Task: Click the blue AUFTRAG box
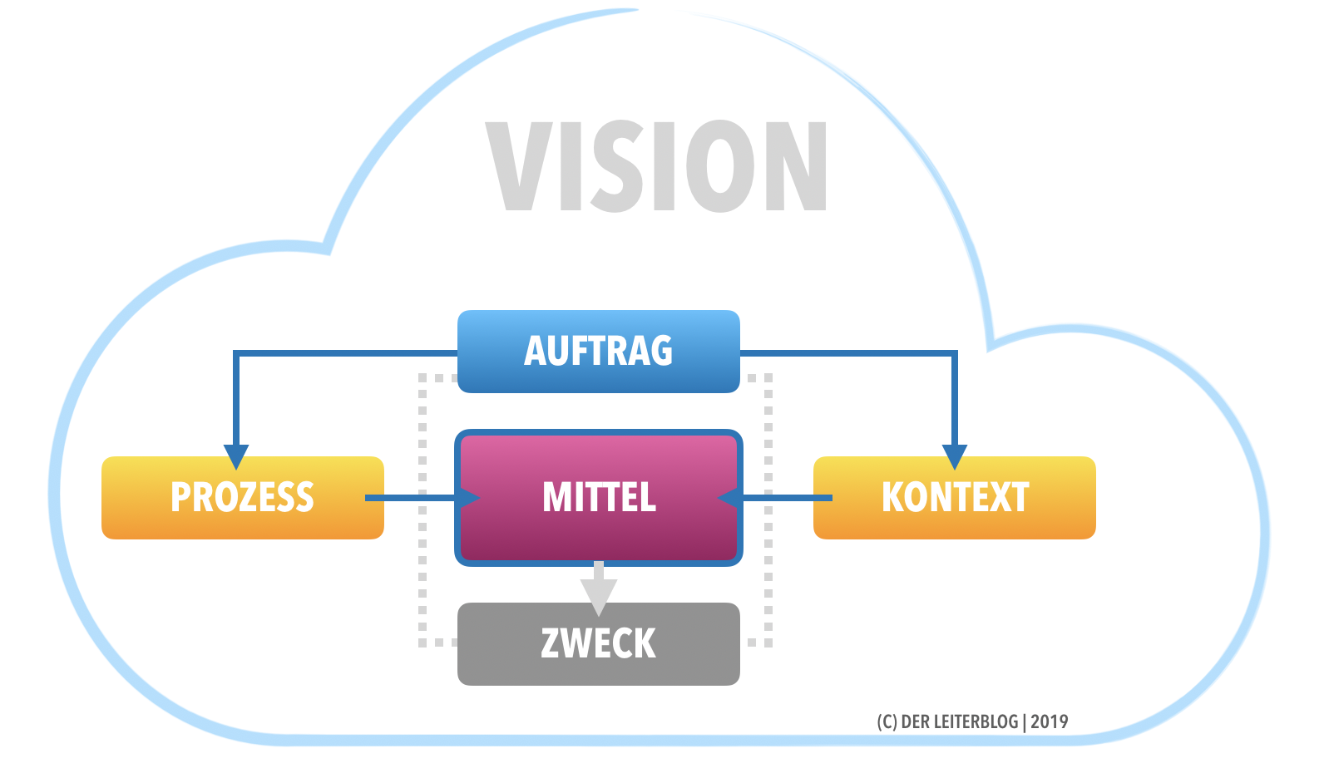(x=598, y=351)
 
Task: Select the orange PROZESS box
(x=242, y=497)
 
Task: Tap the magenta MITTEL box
(x=598, y=497)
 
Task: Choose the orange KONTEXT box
(x=954, y=497)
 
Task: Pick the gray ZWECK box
(x=598, y=644)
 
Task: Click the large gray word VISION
(x=656, y=166)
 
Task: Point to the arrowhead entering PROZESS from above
(x=236, y=456)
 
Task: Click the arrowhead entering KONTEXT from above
(x=954, y=456)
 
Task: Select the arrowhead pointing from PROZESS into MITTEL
(x=468, y=498)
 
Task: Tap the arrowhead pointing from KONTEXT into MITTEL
(x=729, y=498)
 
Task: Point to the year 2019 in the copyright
(x=1050, y=721)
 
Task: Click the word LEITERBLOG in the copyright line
(x=976, y=721)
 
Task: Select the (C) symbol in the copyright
(x=887, y=721)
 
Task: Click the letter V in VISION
(x=517, y=166)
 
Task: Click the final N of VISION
(x=796, y=166)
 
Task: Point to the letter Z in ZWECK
(x=551, y=644)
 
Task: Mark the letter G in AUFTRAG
(x=661, y=351)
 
